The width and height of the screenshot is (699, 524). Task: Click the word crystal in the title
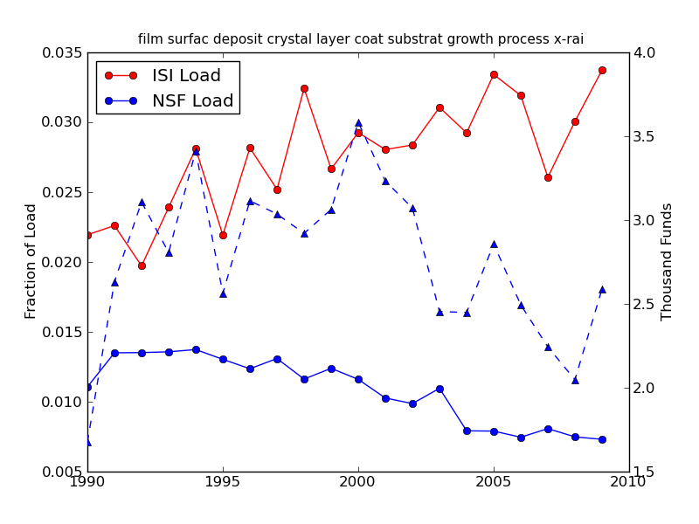(296, 39)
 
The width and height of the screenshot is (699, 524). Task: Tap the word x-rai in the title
(565, 39)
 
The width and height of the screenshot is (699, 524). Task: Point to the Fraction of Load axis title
(31, 261)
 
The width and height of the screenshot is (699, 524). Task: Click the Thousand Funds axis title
(668, 261)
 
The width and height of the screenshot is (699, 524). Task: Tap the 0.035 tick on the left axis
(62, 52)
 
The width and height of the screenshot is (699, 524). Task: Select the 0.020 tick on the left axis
(62, 262)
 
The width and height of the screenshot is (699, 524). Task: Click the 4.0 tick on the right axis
(645, 52)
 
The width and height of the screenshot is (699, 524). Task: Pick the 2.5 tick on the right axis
(645, 304)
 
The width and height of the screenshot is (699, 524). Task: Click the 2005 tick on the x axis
(494, 482)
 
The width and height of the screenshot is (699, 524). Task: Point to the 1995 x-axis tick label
(223, 482)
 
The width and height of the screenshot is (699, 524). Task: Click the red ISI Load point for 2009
(602, 70)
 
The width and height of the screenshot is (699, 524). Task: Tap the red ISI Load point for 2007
(548, 177)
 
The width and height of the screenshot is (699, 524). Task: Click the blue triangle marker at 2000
(358, 123)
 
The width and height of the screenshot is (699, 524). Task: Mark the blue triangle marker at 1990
(87, 442)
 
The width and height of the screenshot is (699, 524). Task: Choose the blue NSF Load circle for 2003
(439, 389)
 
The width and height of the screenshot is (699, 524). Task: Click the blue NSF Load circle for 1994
(196, 349)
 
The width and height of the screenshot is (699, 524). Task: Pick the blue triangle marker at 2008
(575, 380)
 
